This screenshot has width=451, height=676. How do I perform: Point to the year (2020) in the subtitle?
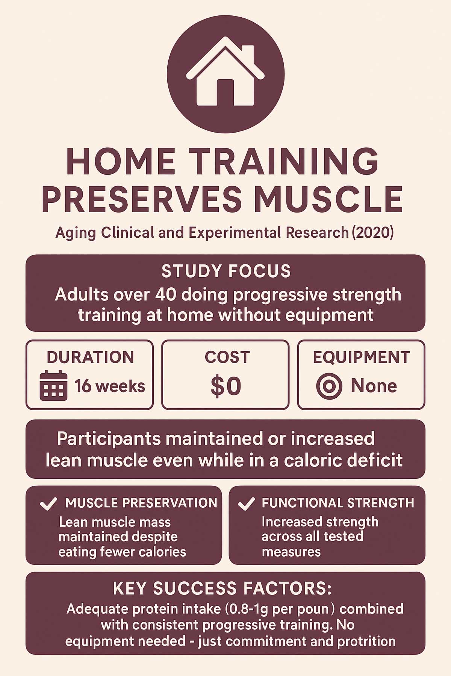(x=373, y=233)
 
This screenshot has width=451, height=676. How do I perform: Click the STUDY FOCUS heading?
(x=226, y=271)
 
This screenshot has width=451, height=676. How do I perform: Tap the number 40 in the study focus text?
(x=165, y=295)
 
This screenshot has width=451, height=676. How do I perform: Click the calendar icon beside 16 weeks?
(x=54, y=386)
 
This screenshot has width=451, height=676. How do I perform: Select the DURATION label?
(x=90, y=357)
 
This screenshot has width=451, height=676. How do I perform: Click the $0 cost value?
(x=225, y=386)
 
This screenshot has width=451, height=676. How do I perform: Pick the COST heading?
(x=227, y=357)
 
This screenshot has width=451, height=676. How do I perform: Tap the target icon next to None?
(x=329, y=386)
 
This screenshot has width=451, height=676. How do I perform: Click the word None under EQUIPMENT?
(x=374, y=386)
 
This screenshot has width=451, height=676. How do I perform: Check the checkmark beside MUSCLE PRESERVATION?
(x=48, y=504)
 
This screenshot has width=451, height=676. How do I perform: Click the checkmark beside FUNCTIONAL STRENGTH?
(x=246, y=504)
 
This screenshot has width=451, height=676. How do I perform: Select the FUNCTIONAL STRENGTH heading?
(x=338, y=503)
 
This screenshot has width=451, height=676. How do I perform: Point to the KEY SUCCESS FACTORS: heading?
(x=222, y=588)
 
